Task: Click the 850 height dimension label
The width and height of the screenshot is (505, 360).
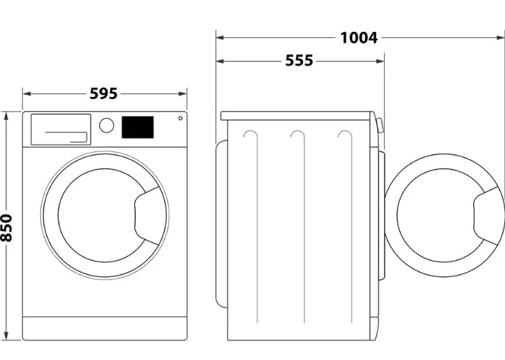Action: click(x=8, y=228)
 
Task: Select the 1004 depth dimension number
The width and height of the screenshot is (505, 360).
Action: click(x=358, y=37)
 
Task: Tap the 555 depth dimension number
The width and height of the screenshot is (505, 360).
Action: click(x=300, y=61)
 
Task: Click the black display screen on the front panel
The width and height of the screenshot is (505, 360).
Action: click(x=138, y=127)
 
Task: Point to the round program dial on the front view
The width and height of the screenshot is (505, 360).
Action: click(x=107, y=125)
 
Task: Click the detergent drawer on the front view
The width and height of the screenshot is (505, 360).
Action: click(x=61, y=129)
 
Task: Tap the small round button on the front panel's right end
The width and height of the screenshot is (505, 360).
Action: click(x=180, y=118)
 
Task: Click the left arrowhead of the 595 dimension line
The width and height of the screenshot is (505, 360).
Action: click(x=26, y=93)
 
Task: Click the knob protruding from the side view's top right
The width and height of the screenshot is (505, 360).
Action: click(x=380, y=124)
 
